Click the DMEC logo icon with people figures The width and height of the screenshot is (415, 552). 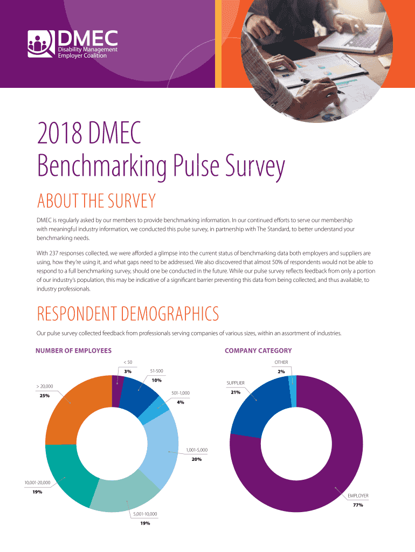41,44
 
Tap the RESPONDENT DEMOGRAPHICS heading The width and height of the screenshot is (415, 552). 128,313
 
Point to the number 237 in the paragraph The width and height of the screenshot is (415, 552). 56,252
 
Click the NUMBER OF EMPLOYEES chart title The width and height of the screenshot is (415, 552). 73,350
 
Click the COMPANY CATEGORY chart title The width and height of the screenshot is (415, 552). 258,350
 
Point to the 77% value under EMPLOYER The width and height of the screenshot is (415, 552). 358,505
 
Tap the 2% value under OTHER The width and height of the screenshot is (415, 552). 281,371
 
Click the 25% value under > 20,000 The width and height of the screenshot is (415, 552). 29,396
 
